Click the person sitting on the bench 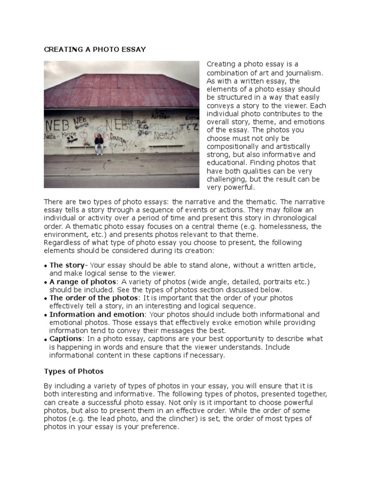(99, 144)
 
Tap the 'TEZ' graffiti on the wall (187, 127)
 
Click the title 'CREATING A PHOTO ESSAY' (95, 50)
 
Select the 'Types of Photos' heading (74, 371)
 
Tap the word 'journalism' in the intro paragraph (299, 72)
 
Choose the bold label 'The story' (67, 265)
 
